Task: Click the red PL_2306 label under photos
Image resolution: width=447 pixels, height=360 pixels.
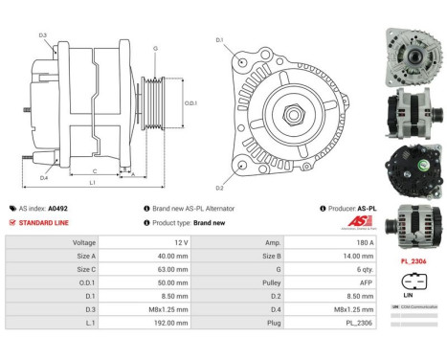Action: pyautogui.click(x=413, y=261)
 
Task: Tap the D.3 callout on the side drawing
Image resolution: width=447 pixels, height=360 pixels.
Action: pyautogui.click(x=43, y=35)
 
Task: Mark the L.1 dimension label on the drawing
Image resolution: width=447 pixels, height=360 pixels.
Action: pyautogui.click(x=92, y=182)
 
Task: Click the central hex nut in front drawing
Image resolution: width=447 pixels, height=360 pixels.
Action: pyautogui.click(x=292, y=114)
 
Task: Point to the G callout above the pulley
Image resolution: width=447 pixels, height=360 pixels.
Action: pyautogui.click(x=155, y=47)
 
